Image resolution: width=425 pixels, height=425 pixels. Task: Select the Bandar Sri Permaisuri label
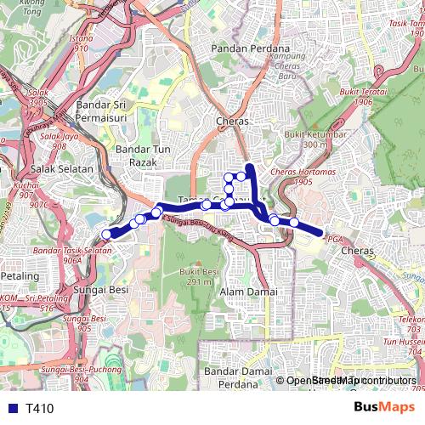point(107,110)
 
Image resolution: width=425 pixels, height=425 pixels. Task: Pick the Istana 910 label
point(81,43)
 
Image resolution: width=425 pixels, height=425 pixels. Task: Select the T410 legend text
point(39,409)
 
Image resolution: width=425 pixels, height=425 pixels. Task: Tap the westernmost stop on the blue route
point(107,235)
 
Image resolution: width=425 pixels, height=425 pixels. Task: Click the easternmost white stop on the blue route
point(294,223)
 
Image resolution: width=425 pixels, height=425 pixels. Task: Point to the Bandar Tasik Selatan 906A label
point(74,255)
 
